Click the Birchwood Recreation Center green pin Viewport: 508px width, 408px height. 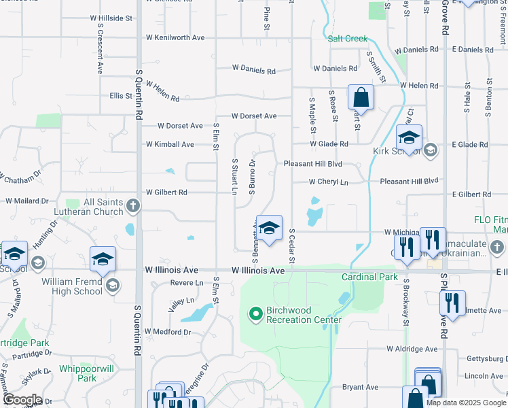coord(256,314)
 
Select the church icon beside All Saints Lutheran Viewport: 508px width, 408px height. coord(133,204)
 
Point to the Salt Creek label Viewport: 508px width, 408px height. coord(347,39)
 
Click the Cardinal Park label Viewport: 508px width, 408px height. coord(369,277)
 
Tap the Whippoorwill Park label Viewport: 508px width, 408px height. coord(86,373)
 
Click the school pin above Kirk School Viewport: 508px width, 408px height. coord(409,138)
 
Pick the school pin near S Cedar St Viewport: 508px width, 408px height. coord(269,228)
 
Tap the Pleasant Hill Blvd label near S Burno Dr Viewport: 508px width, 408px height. coord(312,164)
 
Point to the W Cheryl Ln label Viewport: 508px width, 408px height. coord(329,182)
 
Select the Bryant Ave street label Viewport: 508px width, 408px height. coord(360,387)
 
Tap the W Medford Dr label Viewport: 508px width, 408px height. coord(168,332)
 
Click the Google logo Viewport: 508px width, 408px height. coord(22,401)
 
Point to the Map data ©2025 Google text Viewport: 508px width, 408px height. coord(465,403)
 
